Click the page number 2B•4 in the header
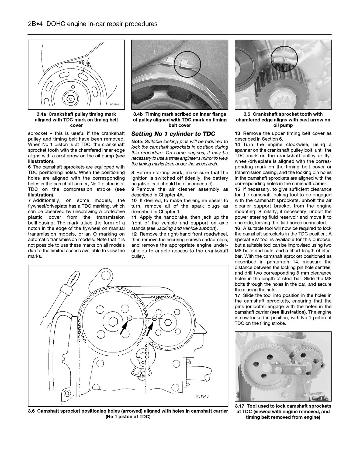tap(36, 24)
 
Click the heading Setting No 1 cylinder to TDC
tap(173, 134)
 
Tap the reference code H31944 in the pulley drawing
tap(114, 105)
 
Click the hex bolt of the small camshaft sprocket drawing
tap(168, 321)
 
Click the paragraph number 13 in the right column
tap(237, 133)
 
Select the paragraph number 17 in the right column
tap(237, 295)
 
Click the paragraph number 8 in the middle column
tap(133, 172)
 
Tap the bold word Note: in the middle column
tap(137, 141)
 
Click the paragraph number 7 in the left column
tap(29, 200)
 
